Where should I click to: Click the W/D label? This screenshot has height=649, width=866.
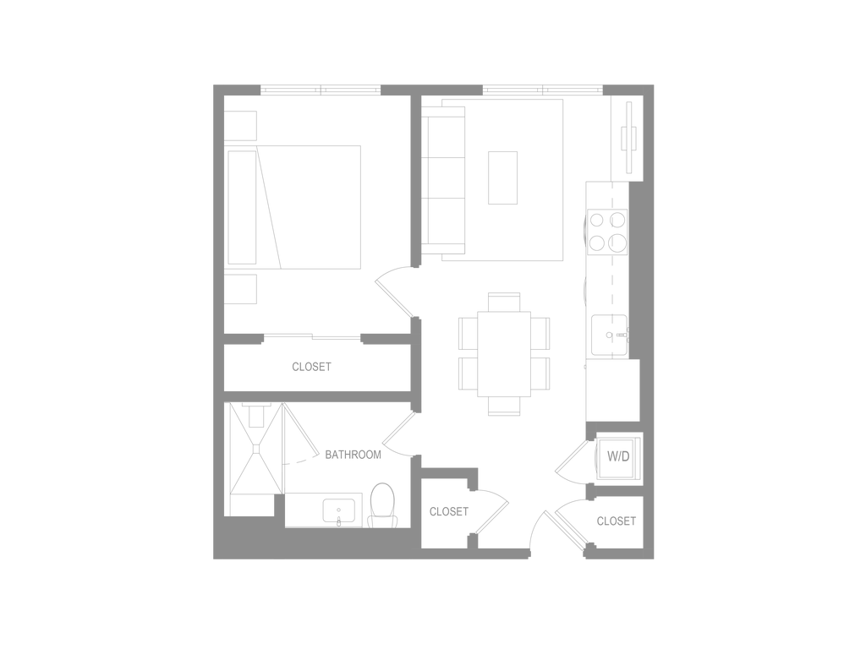(618, 456)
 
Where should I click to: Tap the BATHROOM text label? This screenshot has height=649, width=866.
(353, 455)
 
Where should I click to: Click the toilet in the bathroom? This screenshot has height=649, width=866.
(382, 505)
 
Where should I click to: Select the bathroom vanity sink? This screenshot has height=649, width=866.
(338, 511)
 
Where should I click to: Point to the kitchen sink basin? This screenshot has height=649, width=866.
(609, 335)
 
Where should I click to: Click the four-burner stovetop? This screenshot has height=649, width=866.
(607, 232)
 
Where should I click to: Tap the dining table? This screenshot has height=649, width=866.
(504, 354)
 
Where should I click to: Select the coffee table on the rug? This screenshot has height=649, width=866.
(502, 177)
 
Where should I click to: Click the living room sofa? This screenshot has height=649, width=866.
(443, 181)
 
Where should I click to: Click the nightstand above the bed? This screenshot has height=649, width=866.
(240, 125)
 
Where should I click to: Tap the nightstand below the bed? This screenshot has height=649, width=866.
(240, 289)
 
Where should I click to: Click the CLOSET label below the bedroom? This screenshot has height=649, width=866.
(311, 367)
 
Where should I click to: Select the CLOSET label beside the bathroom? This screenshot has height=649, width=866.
(449, 511)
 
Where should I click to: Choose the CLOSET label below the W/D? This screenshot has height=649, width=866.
(617, 521)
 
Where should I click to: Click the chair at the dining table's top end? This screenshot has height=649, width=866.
(504, 302)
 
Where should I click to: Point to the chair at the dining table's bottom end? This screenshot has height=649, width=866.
(504, 406)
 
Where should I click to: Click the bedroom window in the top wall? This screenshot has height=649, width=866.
(321, 90)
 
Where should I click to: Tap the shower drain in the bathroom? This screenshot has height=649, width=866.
(255, 450)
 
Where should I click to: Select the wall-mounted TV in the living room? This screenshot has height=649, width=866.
(628, 138)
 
